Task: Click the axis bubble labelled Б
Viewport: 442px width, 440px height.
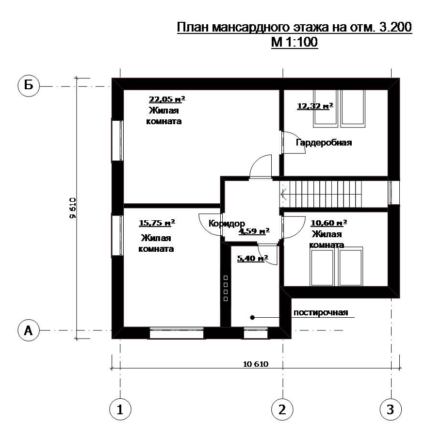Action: (x=29, y=85)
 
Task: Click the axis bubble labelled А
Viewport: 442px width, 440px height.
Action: (x=29, y=330)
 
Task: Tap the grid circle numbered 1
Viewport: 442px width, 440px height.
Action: (x=120, y=409)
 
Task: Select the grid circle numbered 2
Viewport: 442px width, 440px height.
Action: (x=282, y=409)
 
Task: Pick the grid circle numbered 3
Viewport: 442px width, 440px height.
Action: (x=391, y=409)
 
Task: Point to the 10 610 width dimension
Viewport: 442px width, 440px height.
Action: (x=256, y=364)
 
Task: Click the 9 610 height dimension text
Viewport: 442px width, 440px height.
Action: (x=72, y=208)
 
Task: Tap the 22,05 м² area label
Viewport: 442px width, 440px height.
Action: (x=167, y=99)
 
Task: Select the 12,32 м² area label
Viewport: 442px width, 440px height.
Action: (x=315, y=106)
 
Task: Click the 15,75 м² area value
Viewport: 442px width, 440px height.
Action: (x=157, y=223)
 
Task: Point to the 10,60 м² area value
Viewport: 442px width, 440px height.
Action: (x=328, y=223)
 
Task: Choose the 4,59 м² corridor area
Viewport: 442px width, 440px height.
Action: (x=254, y=231)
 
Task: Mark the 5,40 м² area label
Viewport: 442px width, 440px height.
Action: (x=253, y=258)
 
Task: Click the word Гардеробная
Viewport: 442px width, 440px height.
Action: (x=324, y=143)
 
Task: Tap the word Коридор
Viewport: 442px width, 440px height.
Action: (x=227, y=224)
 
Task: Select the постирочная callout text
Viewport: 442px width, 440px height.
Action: (x=321, y=312)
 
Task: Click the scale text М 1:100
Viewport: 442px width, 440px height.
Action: (x=295, y=42)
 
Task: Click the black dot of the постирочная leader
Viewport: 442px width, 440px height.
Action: (x=252, y=317)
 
